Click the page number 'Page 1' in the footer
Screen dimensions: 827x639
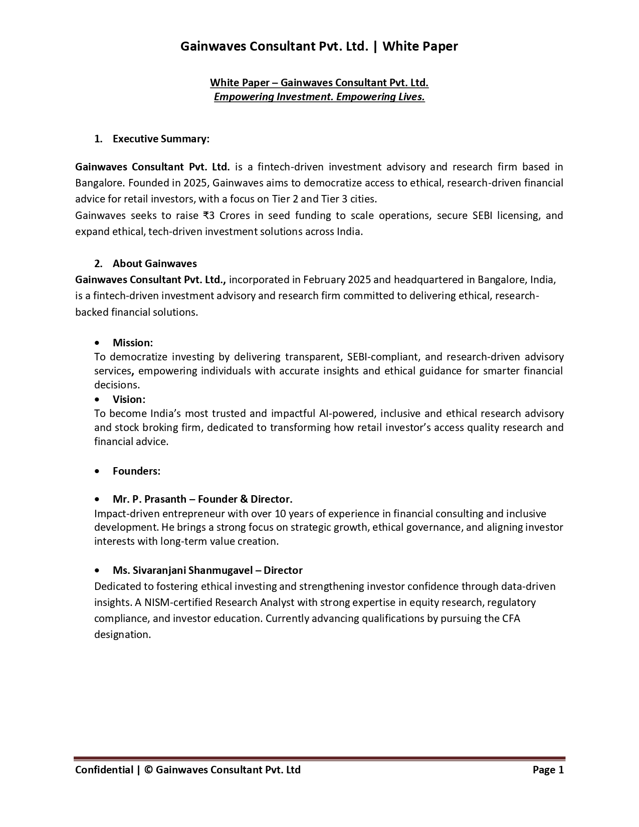(548, 770)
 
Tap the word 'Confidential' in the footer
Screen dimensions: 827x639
(104, 770)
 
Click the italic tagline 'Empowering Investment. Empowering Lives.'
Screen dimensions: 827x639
(319, 97)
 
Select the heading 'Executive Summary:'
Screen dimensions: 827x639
(161, 139)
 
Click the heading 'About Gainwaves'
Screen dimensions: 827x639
(154, 264)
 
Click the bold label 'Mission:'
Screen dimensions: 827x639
(132, 343)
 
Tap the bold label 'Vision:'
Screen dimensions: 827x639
(129, 399)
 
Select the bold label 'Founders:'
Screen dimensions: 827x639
(136, 471)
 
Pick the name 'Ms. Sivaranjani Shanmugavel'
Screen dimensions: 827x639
(182, 570)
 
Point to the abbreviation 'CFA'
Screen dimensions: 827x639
(511, 618)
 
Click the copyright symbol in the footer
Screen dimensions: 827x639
(148, 770)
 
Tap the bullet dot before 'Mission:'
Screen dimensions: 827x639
(97, 343)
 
